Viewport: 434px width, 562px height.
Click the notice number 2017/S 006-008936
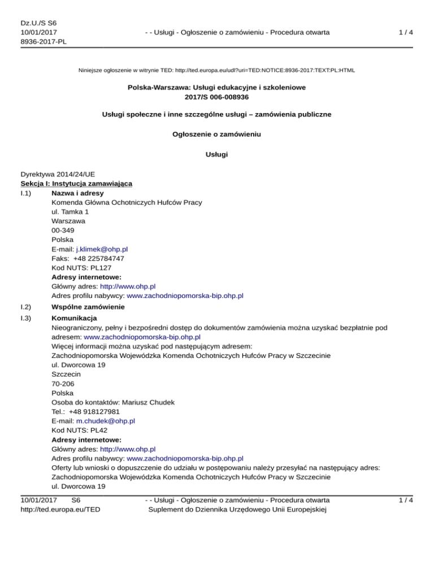coord(216,97)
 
